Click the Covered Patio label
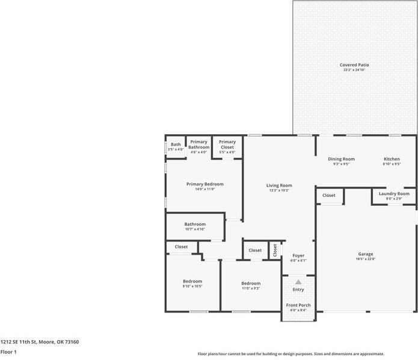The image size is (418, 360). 354,65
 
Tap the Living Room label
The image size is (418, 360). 279,185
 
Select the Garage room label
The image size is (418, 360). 366,254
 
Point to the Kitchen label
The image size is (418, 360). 392,159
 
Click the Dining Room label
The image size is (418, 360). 341,159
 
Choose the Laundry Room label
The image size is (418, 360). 394,194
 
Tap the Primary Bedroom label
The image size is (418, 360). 204,184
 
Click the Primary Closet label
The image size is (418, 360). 227,144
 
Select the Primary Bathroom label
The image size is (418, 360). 198,144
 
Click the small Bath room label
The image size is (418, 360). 176,144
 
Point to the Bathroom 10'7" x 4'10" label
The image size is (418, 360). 195,225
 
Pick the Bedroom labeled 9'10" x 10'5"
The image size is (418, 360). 192,281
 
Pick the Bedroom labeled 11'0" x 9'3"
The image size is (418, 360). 251,284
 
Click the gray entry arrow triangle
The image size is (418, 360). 298,281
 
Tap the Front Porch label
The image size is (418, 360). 298,305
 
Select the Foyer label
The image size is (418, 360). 298,256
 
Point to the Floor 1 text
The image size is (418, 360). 8,352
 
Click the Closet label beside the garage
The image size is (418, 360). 329,195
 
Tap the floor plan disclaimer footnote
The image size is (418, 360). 291,354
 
